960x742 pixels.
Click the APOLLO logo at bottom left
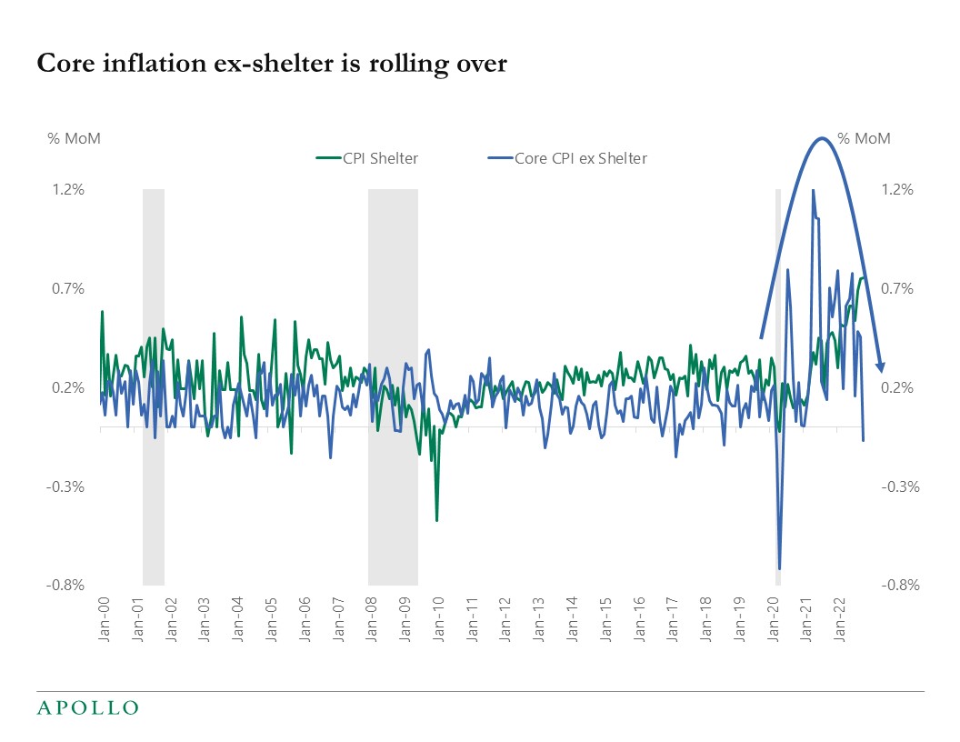pos(87,707)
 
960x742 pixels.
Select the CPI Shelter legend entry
pos(367,158)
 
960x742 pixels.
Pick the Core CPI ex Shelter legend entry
pos(567,158)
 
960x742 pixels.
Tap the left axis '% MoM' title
pos(74,139)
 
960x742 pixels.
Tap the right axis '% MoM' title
pos(864,139)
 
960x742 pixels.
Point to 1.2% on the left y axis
pos(67,190)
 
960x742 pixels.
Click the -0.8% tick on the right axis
pos(901,586)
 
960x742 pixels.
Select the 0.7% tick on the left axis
pos(67,289)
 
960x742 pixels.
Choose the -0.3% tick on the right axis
pos(901,486)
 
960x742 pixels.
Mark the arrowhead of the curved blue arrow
pos(880,366)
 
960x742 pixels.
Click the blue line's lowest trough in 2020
pos(780,568)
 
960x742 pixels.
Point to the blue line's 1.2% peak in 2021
pos(813,191)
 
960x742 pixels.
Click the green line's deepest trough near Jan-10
pos(437,520)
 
